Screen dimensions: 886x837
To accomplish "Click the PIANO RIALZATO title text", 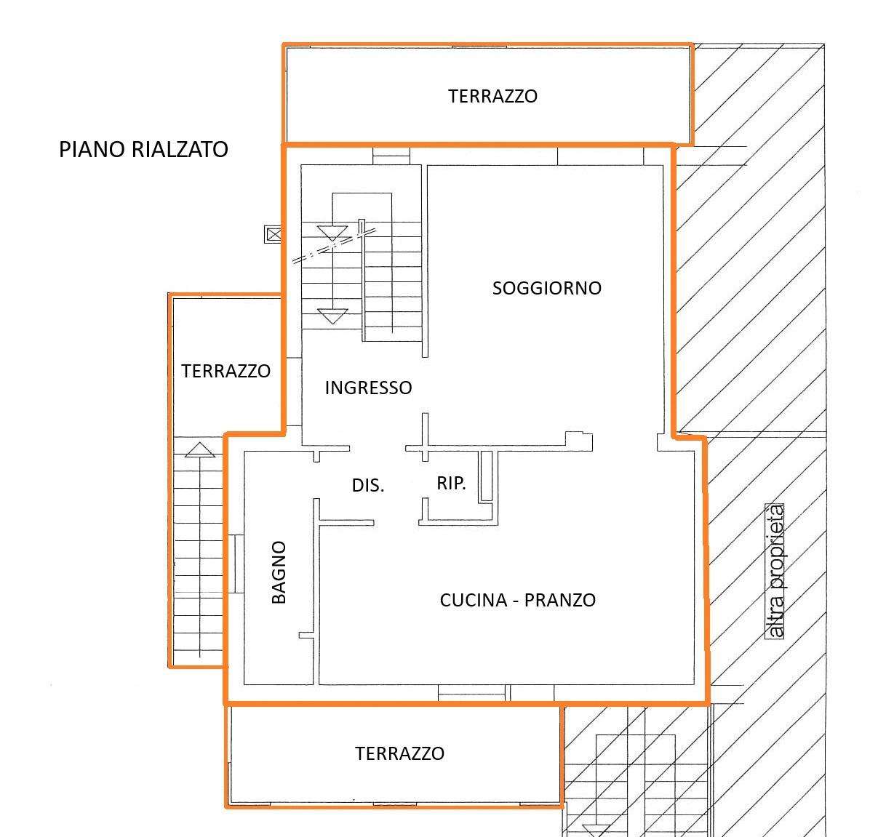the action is coord(143,150).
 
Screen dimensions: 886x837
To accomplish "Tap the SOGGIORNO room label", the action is coord(547,288).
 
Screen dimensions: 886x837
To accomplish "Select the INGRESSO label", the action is coord(369,388).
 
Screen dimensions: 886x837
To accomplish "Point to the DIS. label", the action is coord(368,486).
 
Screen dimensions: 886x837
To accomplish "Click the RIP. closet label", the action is coord(452,483).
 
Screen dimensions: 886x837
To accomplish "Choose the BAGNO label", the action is coord(279,572).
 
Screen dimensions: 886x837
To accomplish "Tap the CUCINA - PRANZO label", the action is coord(517,600).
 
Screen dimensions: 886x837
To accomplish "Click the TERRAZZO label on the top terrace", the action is coord(493,97).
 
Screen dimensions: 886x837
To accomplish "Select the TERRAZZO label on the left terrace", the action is coord(226,371).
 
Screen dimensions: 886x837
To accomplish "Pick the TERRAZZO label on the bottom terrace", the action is coord(400,753).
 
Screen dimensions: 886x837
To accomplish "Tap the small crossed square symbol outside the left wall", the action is coord(273,233).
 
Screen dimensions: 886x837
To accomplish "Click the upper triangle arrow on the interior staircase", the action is coord(332,233).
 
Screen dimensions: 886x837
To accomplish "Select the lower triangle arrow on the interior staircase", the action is coord(332,316).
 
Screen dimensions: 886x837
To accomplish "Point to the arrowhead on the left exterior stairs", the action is coord(200,449).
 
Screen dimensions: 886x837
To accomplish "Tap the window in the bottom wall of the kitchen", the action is coord(471,692).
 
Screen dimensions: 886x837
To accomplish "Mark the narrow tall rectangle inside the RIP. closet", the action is coord(486,476).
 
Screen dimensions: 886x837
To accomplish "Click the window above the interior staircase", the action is coord(391,156).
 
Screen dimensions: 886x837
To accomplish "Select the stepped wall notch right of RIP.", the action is coord(579,441).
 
